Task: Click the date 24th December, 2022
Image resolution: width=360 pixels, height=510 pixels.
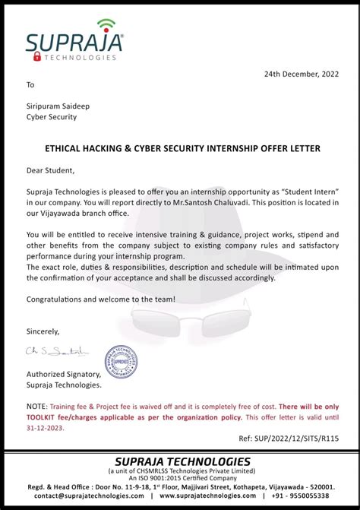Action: tap(301, 74)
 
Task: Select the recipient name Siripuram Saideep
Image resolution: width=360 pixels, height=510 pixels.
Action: tap(57, 106)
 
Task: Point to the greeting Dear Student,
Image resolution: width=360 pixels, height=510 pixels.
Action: tap(51, 170)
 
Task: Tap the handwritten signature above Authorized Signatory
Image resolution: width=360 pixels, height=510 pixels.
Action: tap(58, 351)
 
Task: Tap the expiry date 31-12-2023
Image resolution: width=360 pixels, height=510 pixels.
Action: tap(45, 428)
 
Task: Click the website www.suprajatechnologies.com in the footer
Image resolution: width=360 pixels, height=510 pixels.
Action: tap(208, 496)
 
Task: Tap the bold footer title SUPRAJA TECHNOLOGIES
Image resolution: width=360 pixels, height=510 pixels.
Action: tap(182, 461)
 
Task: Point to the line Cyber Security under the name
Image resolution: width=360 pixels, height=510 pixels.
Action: tap(52, 117)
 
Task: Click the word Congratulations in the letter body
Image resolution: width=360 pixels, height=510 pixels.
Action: tap(58, 299)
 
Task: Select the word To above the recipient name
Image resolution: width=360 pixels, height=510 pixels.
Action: tap(30, 84)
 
